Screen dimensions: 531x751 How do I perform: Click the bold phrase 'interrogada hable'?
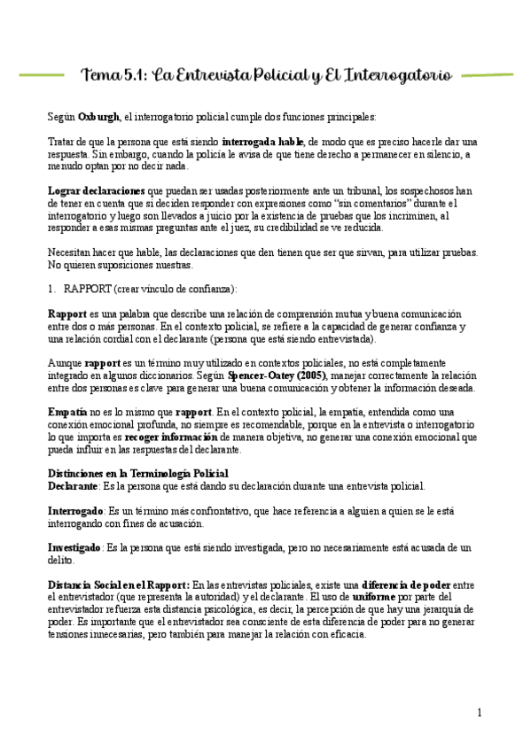tap(262, 142)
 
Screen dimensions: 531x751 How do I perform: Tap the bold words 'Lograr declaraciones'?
tap(98, 190)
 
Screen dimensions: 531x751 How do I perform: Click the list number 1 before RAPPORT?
tap(51, 289)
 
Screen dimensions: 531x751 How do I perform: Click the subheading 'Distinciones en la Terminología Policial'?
tap(137, 474)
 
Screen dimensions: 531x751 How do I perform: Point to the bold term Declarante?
tap(74, 486)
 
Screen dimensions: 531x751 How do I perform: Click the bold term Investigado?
tap(74, 547)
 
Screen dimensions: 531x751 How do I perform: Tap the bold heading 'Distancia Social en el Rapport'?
tap(117, 585)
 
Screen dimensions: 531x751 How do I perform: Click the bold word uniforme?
tap(373, 597)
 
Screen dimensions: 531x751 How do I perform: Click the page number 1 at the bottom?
tap(480, 713)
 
